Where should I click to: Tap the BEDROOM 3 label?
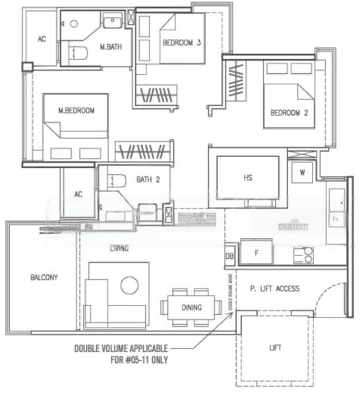(181, 43)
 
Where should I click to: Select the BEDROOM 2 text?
(289, 113)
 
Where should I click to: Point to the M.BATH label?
(109, 47)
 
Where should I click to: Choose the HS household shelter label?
(247, 179)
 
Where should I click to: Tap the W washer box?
(303, 173)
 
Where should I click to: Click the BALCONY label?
(44, 277)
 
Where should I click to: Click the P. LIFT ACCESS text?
(275, 288)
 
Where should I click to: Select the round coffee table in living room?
(129, 285)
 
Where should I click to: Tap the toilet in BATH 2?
(118, 180)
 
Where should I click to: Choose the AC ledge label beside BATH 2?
(78, 194)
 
